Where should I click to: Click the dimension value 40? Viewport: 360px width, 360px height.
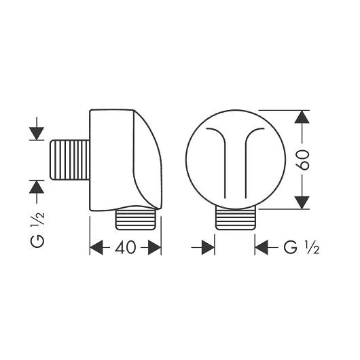[126, 248]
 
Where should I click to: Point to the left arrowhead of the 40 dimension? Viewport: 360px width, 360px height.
[97, 248]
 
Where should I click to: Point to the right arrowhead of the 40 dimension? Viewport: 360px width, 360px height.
[154, 248]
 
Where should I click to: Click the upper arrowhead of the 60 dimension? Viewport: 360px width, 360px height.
[302, 118]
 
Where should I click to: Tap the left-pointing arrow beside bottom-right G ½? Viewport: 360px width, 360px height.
[262, 248]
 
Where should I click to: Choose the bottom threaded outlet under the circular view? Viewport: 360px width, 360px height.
[235, 219]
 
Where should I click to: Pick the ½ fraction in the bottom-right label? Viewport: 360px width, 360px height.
[313, 247]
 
